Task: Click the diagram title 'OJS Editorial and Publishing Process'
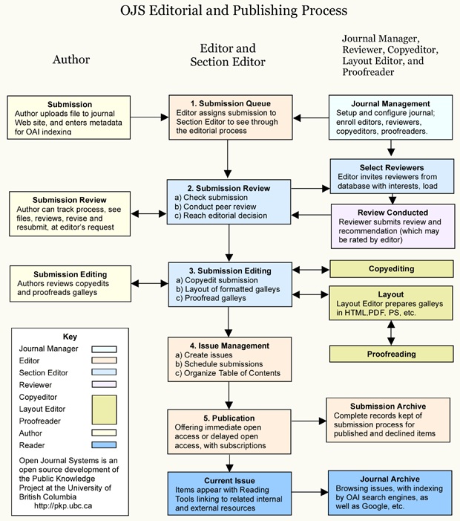coord(234,11)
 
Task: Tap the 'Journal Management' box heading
coord(390,103)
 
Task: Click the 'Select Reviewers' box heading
coord(392,168)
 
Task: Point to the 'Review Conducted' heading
coord(392,213)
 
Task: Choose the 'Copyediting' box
coord(391,268)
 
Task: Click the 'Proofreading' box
coord(391,355)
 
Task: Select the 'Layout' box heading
coord(391,294)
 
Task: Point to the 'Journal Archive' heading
coord(390,479)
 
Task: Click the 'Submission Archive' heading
coord(388,406)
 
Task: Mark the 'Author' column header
coord(71,59)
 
